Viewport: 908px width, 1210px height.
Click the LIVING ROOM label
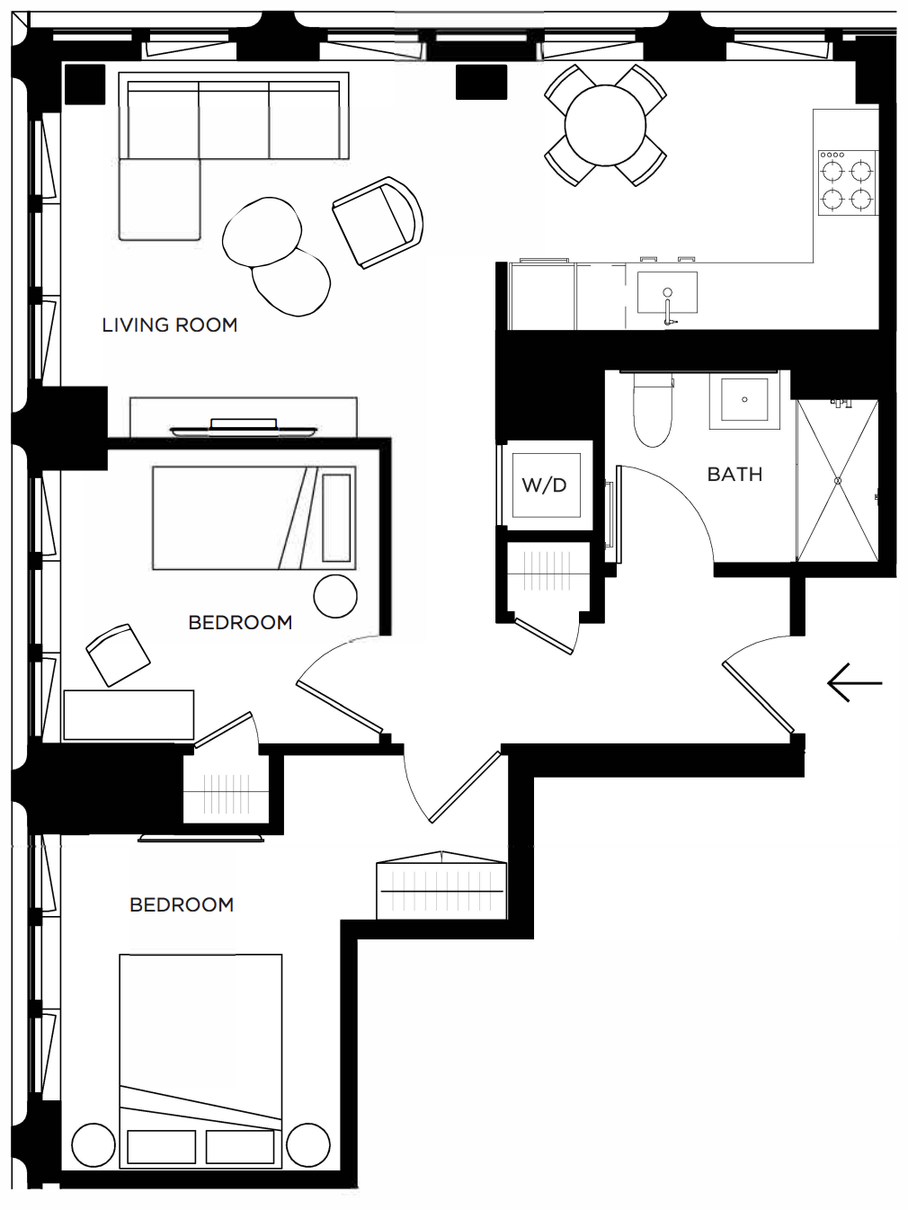point(170,325)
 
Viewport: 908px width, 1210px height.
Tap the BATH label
point(734,474)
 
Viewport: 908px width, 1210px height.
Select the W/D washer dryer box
point(546,485)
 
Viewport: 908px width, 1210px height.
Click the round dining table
point(605,125)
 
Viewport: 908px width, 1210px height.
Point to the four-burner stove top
point(848,183)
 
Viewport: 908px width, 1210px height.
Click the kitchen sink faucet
point(668,308)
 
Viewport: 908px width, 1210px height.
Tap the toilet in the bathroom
point(653,409)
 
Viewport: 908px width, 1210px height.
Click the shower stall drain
point(838,481)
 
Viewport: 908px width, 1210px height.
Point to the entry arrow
point(855,683)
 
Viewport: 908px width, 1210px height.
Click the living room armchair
point(378,222)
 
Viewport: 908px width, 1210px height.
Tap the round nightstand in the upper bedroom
point(335,596)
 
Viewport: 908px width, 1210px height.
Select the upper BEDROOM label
point(240,623)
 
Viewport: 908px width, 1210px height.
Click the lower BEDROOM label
point(182,905)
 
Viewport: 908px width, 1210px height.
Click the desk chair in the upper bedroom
point(119,654)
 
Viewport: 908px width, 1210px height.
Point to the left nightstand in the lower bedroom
point(93,1146)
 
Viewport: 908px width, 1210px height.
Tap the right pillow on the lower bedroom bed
point(240,1146)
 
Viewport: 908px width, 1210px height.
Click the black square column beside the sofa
point(85,84)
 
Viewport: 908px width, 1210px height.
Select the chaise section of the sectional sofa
point(160,199)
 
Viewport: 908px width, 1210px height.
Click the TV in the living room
point(243,428)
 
